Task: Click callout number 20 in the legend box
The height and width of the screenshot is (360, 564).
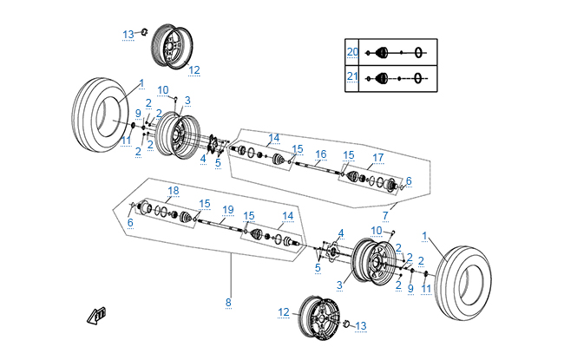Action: [x=352, y=52]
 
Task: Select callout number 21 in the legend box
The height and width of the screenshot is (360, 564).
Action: [x=352, y=76]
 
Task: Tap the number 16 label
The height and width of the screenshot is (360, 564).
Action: [x=320, y=154]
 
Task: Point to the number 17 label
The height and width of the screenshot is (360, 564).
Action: [x=378, y=158]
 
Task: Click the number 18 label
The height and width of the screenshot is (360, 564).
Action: [x=174, y=191]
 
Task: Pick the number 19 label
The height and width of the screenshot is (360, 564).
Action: [x=228, y=210]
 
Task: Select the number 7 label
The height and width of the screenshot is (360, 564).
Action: [x=385, y=216]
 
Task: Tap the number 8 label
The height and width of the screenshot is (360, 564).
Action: [x=228, y=303]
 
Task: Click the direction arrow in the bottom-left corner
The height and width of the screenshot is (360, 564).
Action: [x=96, y=317]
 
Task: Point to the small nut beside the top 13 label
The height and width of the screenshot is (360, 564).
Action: [x=144, y=32]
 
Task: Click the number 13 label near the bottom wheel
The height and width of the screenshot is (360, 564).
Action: [x=361, y=326]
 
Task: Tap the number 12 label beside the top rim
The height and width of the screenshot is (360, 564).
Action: [x=194, y=69]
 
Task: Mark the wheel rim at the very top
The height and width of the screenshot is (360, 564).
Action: [x=172, y=47]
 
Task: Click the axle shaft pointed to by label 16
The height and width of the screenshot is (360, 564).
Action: [x=318, y=169]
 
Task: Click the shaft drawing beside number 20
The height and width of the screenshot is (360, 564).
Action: [x=397, y=53]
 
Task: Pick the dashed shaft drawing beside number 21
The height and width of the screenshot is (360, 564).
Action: [x=397, y=78]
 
